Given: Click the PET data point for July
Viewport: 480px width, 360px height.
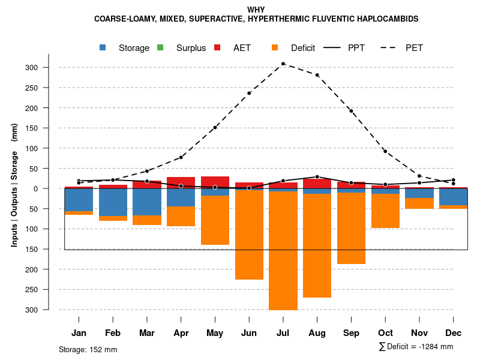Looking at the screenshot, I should [283, 64].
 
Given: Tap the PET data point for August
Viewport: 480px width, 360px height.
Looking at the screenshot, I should [317, 75].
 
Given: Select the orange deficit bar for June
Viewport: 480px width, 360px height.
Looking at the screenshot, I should [249, 235].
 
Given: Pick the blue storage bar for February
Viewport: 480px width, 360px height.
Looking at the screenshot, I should [113, 202].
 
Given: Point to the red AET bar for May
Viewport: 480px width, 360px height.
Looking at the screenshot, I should [215, 182].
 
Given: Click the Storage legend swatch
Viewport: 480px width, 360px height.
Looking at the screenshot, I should [103, 47].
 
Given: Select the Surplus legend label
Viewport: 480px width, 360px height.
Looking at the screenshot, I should [191, 48].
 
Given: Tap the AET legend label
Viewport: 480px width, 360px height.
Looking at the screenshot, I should [242, 48].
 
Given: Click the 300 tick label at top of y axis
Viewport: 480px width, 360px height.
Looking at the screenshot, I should [49, 67].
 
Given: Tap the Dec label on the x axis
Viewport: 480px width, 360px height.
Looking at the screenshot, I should [454, 332].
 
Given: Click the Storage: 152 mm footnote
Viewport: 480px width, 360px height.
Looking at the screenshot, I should [88, 349].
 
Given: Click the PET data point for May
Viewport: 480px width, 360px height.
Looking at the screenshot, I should [215, 127].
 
